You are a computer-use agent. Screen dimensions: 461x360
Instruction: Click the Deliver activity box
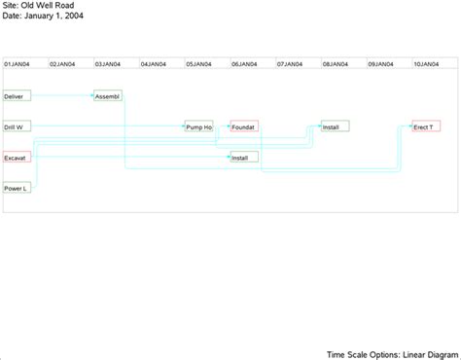[18, 96]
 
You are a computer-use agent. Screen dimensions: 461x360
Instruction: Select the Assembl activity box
[108, 96]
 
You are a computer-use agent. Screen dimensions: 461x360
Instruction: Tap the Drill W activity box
[18, 126]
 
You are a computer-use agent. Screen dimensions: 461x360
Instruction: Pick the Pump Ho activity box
[199, 126]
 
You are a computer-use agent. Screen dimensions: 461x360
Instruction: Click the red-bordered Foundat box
[244, 126]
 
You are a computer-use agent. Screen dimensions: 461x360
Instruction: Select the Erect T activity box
[426, 126]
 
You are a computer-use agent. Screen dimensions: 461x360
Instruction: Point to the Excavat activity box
[18, 157]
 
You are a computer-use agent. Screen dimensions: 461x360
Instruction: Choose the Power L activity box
[18, 187]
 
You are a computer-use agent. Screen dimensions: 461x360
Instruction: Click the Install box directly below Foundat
[244, 157]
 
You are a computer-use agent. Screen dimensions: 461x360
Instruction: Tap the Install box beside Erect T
[335, 126]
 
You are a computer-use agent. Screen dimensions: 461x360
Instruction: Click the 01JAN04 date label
[18, 63]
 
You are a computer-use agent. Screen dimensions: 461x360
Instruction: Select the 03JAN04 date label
[108, 63]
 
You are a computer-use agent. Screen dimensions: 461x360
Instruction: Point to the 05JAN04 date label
[198, 63]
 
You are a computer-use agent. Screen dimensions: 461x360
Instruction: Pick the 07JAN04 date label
[289, 63]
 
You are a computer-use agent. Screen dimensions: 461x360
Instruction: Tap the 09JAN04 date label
[380, 63]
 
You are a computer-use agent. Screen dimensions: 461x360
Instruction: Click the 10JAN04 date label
[425, 63]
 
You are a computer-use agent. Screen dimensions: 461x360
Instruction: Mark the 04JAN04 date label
[153, 63]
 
